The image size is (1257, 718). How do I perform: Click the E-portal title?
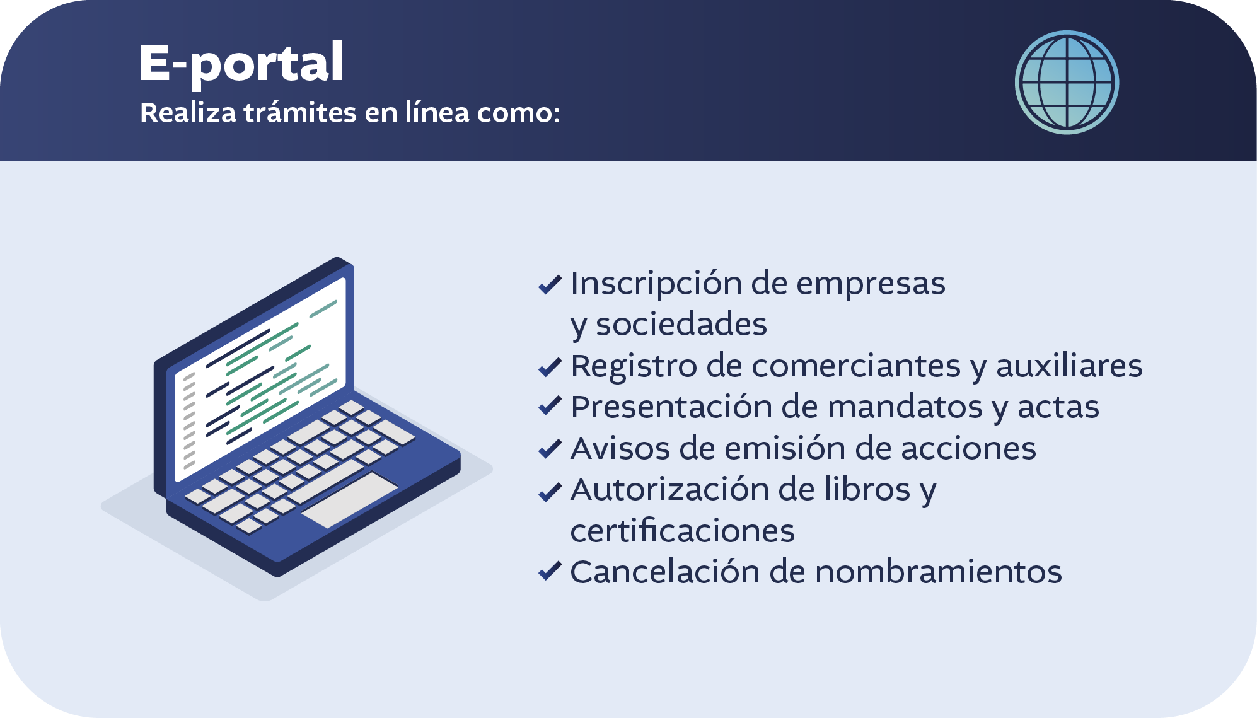click(x=241, y=63)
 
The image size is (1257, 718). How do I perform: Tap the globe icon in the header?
click(x=1067, y=83)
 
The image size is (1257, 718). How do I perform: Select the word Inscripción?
click(x=656, y=284)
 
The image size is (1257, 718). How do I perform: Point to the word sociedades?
click(x=681, y=324)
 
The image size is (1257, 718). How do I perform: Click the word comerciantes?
click(x=856, y=366)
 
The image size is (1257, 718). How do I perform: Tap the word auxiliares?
click(x=1069, y=366)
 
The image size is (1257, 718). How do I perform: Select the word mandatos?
click(x=905, y=407)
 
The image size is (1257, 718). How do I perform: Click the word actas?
click(x=1058, y=407)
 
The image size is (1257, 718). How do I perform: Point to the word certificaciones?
click(x=682, y=530)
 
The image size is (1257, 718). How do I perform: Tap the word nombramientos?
click(x=939, y=572)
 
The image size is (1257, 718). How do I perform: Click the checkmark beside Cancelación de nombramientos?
click(x=550, y=571)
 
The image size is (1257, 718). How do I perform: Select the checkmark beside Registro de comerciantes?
click(x=550, y=366)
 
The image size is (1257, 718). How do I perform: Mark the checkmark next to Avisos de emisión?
click(x=550, y=448)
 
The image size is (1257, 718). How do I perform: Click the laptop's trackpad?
click(x=349, y=500)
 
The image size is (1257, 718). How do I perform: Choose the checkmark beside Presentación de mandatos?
click(x=550, y=407)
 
